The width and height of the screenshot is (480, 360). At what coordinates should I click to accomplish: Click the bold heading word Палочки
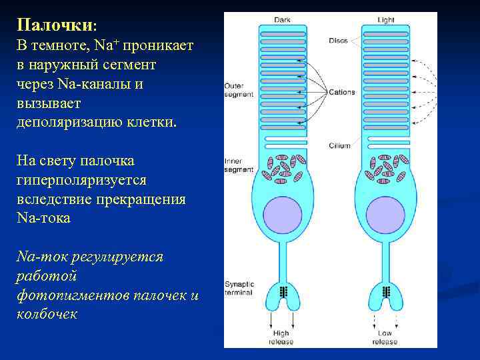(x=55, y=25)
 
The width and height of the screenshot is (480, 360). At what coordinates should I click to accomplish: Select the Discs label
(x=338, y=41)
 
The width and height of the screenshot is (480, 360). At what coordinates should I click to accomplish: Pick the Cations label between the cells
(x=342, y=92)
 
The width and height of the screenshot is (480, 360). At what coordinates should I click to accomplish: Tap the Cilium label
(x=339, y=145)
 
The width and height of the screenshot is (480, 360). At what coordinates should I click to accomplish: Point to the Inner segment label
(x=235, y=165)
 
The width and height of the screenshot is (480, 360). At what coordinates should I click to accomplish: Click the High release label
(x=281, y=337)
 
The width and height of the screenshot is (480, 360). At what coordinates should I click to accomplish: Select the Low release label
(x=385, y=337)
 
